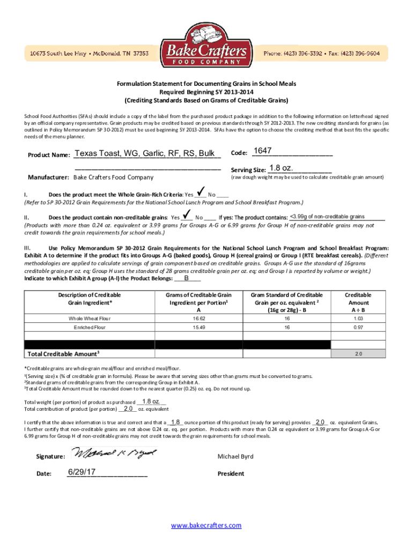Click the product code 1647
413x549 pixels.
262,151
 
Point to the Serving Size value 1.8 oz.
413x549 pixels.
282,168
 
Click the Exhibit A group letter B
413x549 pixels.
186,278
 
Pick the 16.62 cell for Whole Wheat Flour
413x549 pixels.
199,318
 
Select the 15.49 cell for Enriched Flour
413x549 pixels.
199,327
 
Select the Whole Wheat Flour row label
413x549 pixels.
90,318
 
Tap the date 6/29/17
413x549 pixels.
82,472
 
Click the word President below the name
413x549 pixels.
231,473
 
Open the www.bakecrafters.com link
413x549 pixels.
206,525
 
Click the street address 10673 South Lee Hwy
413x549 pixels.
60,54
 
